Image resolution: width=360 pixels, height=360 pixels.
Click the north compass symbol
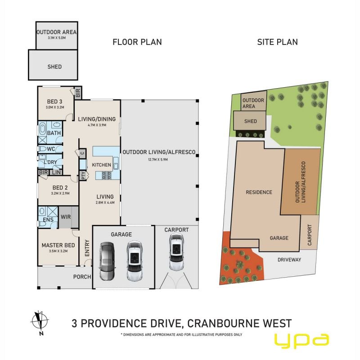point(40,321)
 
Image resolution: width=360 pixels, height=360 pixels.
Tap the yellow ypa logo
point(302,341)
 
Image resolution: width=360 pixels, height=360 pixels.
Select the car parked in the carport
point(176,252)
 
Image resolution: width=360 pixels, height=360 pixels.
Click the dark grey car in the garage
point(107,261)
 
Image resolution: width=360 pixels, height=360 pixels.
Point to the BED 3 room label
point(54,102)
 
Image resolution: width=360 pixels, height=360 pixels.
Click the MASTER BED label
point(58,245)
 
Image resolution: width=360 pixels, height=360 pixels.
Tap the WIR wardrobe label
point(66,217)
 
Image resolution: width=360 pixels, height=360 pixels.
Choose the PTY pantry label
point(83,175)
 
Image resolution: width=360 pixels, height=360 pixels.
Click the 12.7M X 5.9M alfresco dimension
point(158,159)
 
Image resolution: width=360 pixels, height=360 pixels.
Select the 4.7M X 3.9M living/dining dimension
point(97,125)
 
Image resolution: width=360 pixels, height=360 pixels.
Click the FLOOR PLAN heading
point(137,42)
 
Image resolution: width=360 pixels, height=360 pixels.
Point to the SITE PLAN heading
point(277,42)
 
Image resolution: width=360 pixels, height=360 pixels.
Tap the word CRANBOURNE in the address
point(224,323)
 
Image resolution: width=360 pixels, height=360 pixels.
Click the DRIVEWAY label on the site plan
point(289,260)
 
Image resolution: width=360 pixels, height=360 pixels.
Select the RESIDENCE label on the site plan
point(259,192)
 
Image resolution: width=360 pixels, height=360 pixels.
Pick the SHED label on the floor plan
point(54,67)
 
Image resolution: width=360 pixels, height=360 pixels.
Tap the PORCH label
point(82,277)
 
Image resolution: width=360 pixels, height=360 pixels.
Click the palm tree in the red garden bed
point(240,265)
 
